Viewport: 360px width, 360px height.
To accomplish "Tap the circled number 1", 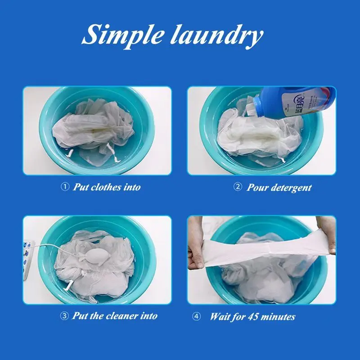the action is [x=65, y=187].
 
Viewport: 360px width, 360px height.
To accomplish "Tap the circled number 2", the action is [x=238, y=187].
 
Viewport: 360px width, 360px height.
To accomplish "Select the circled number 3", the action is [x=64, y=316].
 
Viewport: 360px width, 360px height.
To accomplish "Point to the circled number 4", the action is [x=196, y=316].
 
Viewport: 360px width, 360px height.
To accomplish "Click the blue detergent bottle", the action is [x=296, y=102].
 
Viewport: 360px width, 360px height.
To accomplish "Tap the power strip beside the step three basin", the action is [x=28, y=260].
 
